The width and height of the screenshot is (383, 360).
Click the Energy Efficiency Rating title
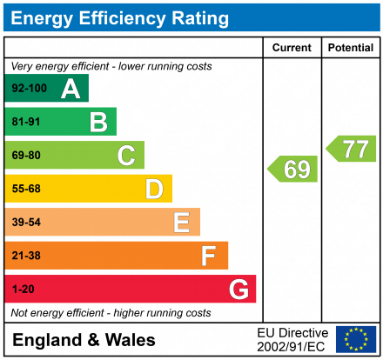click(119, 17)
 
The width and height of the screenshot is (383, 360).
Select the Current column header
click(292, 48)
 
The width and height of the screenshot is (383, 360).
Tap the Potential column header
click(351, 48)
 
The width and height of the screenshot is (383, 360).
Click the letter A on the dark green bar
click(71, 89)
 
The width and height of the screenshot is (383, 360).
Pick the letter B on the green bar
click(98, 122)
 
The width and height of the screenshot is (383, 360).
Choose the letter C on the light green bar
click(126, 156)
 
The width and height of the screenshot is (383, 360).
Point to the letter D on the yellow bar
click(154, 189)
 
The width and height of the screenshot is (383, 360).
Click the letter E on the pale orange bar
click(181, 223)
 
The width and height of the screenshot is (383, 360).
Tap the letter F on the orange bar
click(209, 256)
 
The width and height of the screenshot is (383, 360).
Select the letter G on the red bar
click(238, 289)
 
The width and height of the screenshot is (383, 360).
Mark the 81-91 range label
click(25, 122)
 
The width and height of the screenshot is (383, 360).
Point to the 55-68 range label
click(25, 189)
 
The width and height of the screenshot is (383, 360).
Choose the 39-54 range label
click(25, 223)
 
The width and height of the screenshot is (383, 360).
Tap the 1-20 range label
click(22, 289)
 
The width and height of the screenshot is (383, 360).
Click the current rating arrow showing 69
click(293, 169)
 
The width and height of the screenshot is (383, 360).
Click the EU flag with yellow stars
click(356, 339)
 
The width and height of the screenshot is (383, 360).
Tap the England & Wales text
click(84, 340)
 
